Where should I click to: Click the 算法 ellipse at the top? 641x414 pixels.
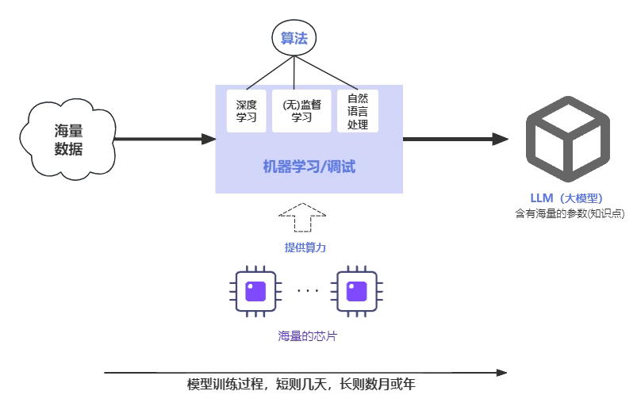click(294, 38)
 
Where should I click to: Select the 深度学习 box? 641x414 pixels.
click(246, 111)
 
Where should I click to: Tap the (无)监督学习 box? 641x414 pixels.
click(301, 111)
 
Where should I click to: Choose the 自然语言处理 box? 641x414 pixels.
click(358, 111)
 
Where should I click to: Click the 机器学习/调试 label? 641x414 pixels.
click(309, 167)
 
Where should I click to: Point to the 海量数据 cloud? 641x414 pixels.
click(69, 140)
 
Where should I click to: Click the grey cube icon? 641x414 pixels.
click(567, 139)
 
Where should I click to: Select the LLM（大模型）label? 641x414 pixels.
click(567, 197)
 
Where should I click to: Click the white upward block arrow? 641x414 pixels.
click(302, 217)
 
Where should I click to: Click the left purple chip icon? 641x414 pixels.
click(255, 291)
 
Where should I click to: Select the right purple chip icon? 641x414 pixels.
click(356, 291)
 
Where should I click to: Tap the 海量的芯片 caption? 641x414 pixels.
click(307, 336)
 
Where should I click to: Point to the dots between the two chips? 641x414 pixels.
click(307, 290)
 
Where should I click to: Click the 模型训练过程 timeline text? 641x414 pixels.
click(301, 385)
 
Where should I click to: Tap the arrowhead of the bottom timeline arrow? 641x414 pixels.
click(501, 372)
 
